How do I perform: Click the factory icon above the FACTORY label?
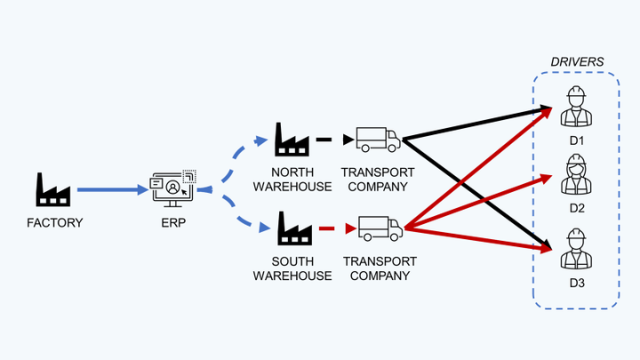pos(52,189)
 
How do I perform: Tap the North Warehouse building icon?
pos(292,140)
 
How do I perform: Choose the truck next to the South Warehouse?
pos(380,229)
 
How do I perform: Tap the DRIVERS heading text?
pos(576,62)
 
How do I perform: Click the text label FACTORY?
pos(53,222)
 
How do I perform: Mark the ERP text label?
pos(172,222)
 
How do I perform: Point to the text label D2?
pos(576,209)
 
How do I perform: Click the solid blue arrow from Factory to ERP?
pos(111,189)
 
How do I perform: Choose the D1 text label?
pos(576,140)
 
